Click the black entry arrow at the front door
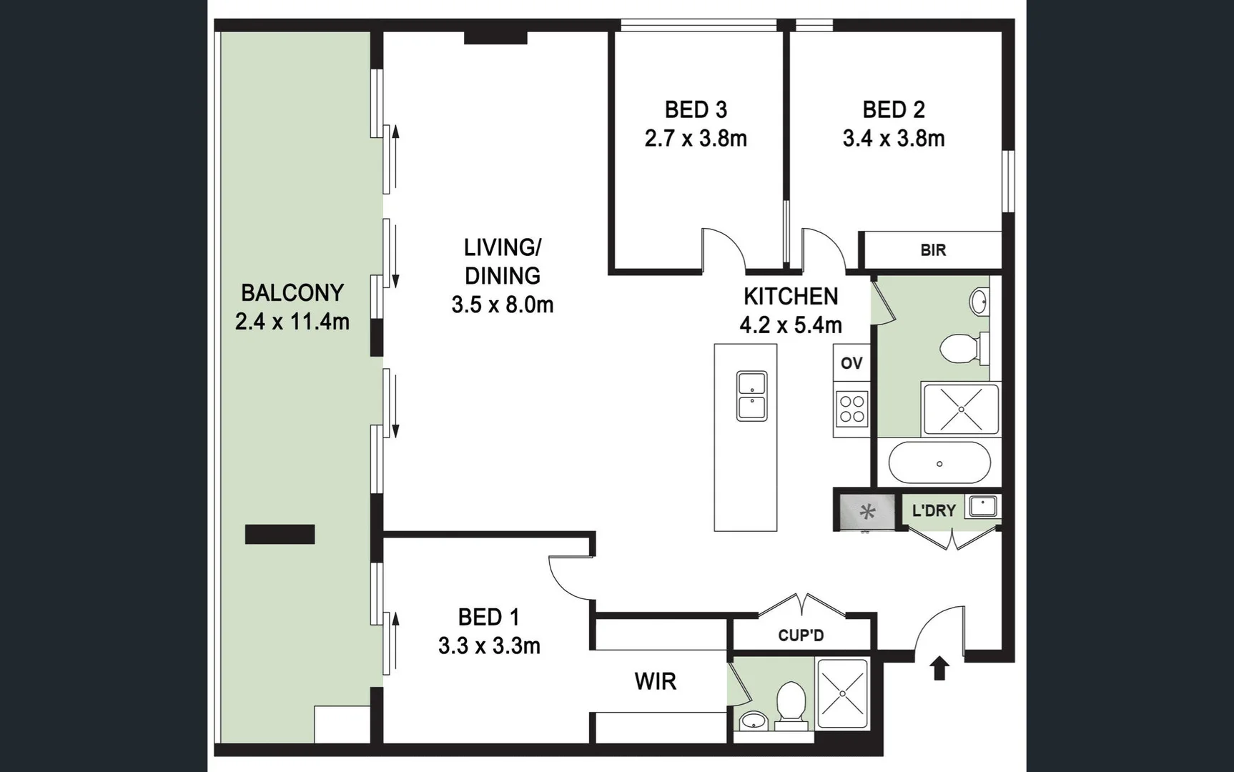click(x=939, y=668)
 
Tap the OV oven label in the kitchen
click(x=851, y=363)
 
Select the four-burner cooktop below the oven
click(x=852, y=410)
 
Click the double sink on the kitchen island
click(x=751, y=396)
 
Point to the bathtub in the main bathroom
click(x=939, y=463)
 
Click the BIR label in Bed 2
click(x=933, y=250)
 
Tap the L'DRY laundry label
click(x=934, y=510)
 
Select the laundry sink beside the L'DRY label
click(x=982, y=506)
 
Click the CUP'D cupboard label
click(x=801, y=635)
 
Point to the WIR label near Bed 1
click(x=655, y=681)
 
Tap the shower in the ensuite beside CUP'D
click(x=843, y=693)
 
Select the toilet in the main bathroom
click(x=962, y=349)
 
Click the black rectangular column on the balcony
click(x=280, y=534)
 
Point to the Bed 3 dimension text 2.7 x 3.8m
click(x=696, y=138)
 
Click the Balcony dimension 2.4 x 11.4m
click(x=292, y=322)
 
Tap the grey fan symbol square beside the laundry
click(x=867, y=511)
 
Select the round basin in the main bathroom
click(x=979, y=301)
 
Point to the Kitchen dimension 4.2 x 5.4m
click(x=790, y=325)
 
